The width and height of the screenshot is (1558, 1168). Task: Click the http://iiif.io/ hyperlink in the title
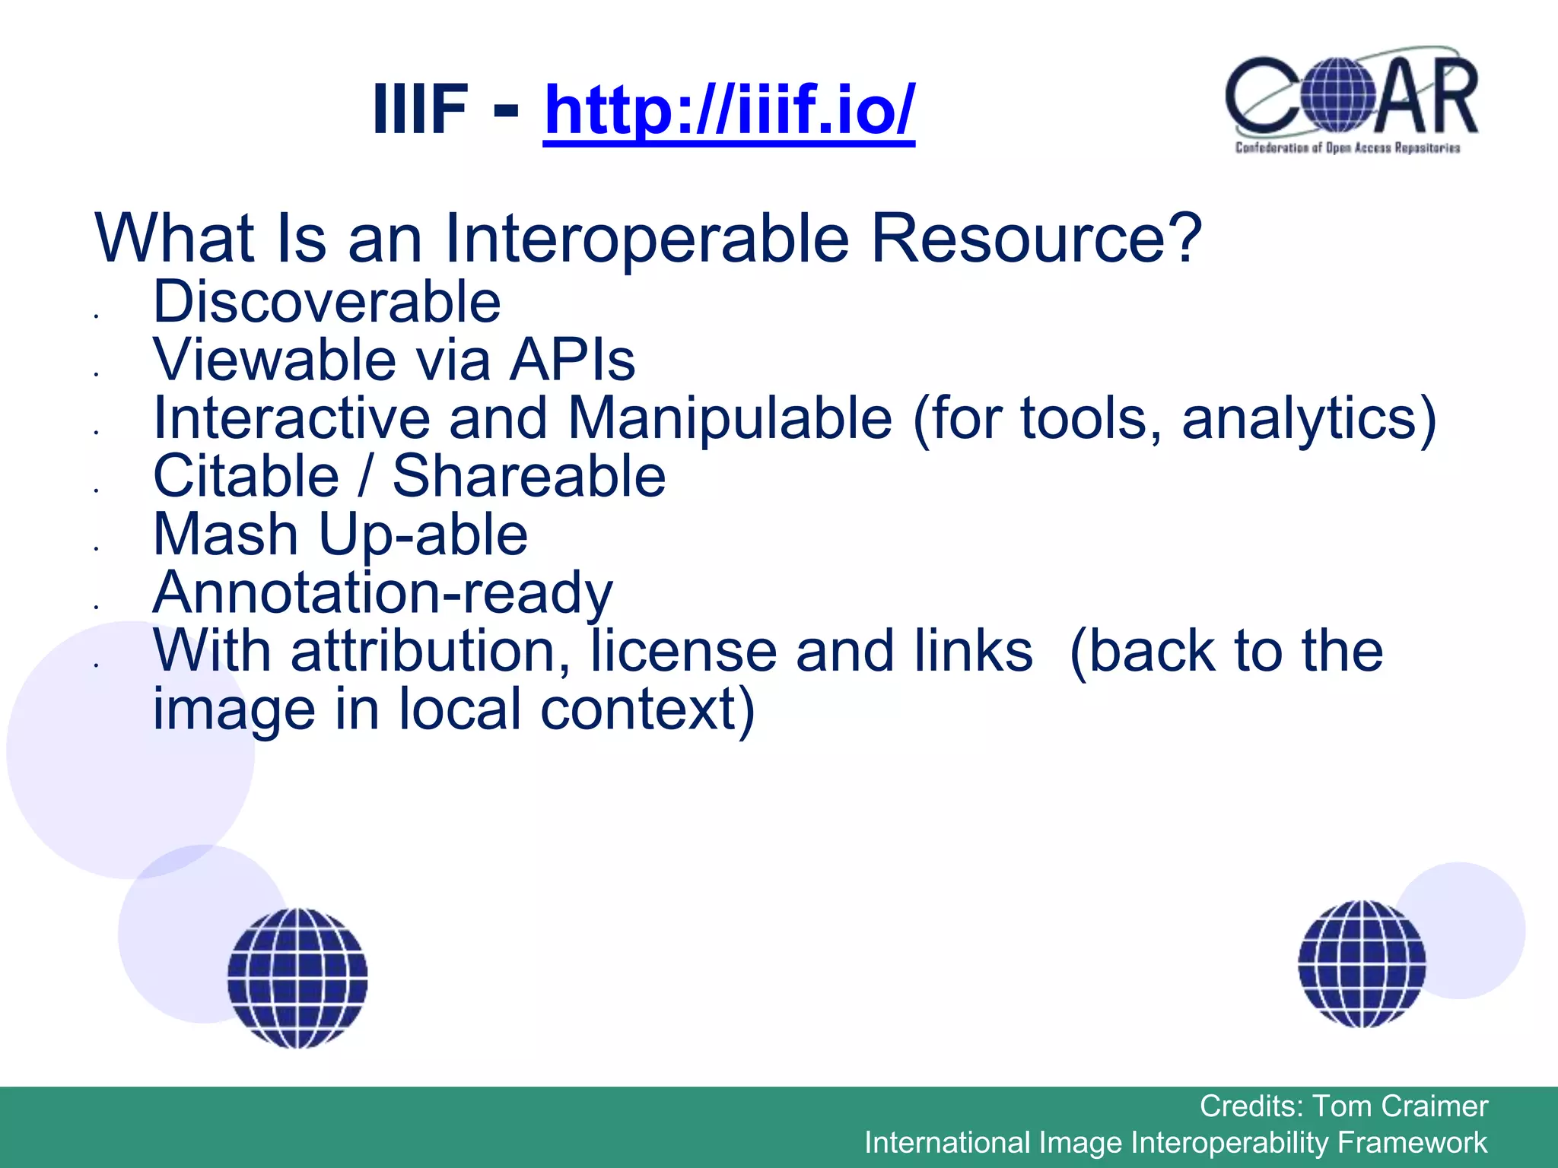point(729,110)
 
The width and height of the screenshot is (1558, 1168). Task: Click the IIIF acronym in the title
point(420,110)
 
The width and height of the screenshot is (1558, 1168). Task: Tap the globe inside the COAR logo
point(1337,96)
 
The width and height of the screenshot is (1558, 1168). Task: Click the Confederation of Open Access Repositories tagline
point(1347,148)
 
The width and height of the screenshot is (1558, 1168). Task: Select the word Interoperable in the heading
point(646,239)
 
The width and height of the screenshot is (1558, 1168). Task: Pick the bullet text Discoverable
point(327,303)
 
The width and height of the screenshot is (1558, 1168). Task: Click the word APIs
point(572,360)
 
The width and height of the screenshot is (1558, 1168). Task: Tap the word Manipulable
point(730,419)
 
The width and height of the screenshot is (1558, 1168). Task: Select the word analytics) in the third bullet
point(1308,419)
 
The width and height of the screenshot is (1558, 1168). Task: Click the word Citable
point(246,477)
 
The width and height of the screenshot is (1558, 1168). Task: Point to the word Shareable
point(529,477)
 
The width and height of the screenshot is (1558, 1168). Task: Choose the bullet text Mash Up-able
point(340,535)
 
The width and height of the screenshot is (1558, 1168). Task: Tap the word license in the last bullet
point(682,652)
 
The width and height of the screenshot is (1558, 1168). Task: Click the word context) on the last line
point(647,710)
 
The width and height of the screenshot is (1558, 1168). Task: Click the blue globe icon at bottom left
point(297,979)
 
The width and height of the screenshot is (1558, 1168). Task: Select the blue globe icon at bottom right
point(1362,964)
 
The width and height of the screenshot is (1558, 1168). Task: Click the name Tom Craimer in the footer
point(1400,1106)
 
